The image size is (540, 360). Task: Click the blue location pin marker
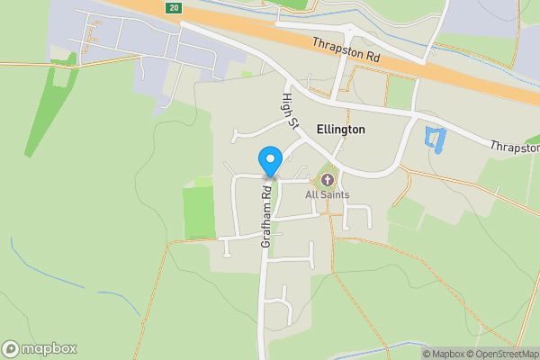[x=269, y=160]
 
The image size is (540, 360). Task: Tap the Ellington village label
[x=341, y=130]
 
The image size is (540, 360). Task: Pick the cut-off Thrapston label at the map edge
[x=515, y=147]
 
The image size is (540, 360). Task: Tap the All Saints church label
[x=327, y=194]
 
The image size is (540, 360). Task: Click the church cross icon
[x=327, y=180]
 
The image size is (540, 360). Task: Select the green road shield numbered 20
[x=174, y=7]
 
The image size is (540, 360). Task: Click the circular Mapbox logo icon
[x=11, y=349]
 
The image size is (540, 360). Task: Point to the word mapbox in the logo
[x=49, y=349]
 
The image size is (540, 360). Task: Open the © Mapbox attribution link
[x=442, y=354]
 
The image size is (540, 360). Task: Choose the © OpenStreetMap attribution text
[x=501, y=354]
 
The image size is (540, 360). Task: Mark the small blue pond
[x=435, y=139]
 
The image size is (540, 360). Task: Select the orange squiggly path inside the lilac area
[x=91, y=40]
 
